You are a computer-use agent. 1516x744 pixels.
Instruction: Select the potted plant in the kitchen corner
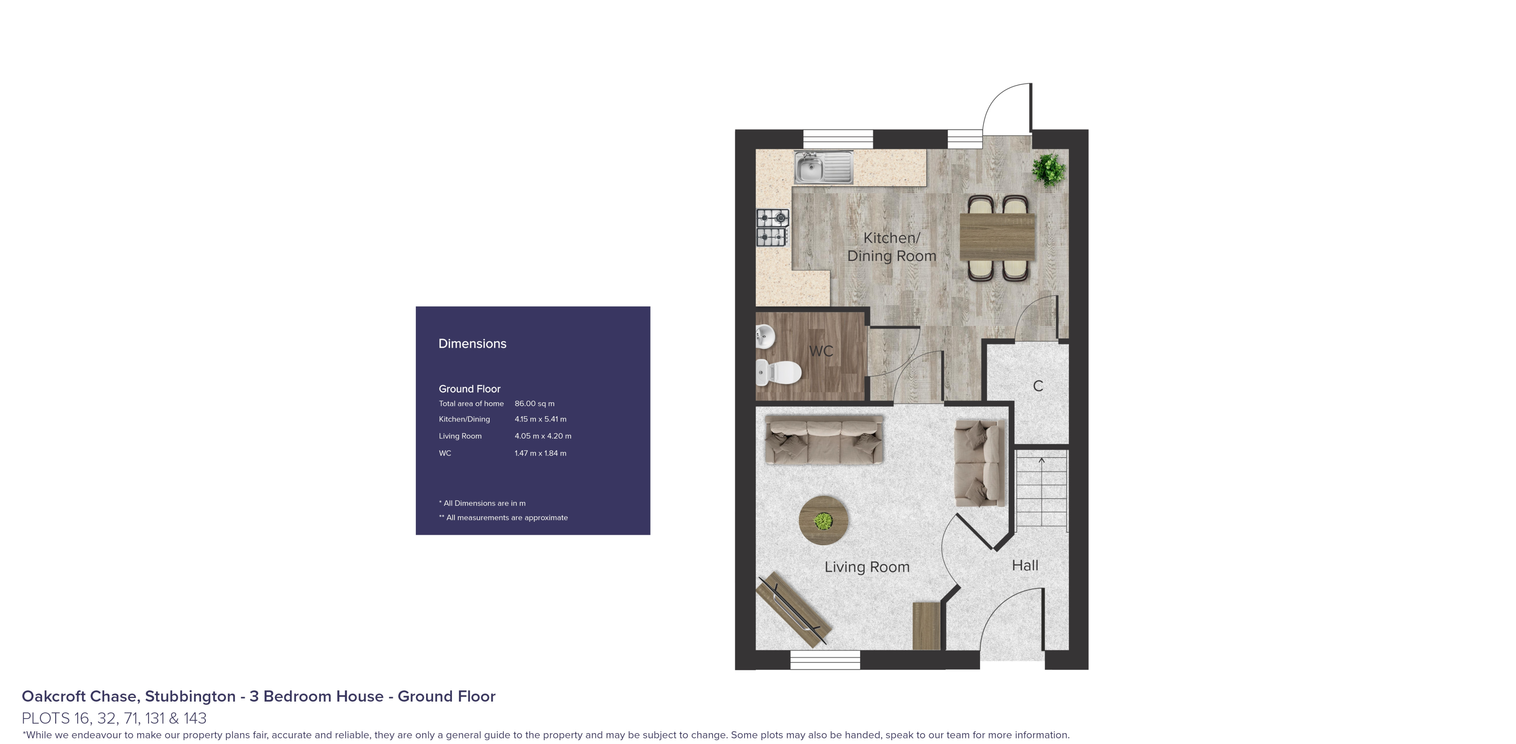coord(1048,169)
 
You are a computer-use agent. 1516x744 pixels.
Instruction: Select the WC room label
coord(821,351)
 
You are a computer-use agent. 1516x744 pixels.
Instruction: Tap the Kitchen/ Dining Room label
coord(891,247)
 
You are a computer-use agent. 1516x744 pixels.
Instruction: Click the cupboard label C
coord(1038,386)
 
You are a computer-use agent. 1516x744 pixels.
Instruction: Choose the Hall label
coord(1025,565)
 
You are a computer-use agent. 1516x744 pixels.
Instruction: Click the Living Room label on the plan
coord(866,567)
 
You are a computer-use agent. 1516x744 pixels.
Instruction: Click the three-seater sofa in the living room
coord(824,440)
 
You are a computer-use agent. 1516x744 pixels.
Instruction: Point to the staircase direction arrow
coord(1041,461)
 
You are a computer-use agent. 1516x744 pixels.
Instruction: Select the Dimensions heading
coord(472,344)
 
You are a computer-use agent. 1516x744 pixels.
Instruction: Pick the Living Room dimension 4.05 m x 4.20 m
coord(543,436)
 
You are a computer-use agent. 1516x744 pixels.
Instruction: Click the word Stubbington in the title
coord(190,696)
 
